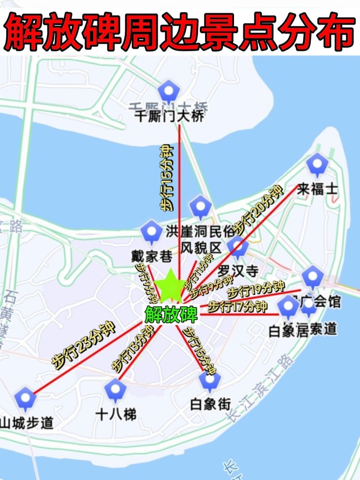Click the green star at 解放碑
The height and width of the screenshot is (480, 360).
tap(170, 287)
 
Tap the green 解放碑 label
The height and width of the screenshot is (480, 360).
tap(171, 314)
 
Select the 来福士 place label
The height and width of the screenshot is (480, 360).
tap(317, 189)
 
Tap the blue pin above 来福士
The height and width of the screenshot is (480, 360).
tap(317, 164)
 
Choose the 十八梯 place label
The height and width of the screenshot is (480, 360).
tap(116, 414)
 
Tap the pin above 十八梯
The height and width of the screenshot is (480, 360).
tap(115, 389)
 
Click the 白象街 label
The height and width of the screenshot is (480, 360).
tap(210, 404)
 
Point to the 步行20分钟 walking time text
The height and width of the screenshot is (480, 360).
tap(258, 210)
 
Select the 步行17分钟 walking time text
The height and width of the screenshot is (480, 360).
tap(237, 306)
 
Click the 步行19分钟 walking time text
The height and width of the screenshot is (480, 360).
tap(256, 290)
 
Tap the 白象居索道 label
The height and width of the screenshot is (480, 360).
tap(302, 329)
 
